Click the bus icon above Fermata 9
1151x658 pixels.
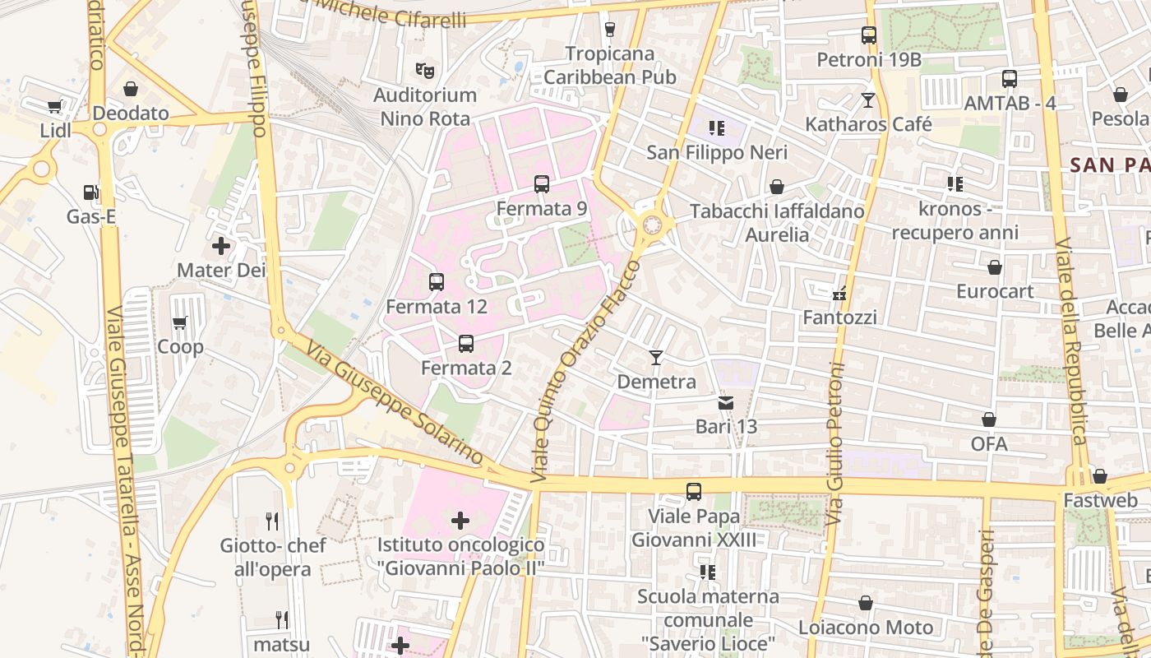(x=541, y=184)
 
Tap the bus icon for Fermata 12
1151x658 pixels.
(x=437, y=282)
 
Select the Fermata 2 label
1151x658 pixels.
(x=466, y=368)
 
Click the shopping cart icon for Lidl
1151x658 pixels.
(x=55, y=106)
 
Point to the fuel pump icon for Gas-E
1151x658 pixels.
(x=90, y=192)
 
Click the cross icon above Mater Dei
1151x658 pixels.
(x=221, y=245)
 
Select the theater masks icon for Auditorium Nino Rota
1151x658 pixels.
(x=424, y=71)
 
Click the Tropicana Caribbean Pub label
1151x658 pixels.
(x=610, y=66)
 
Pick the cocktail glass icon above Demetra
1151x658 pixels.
(x=656, y=357)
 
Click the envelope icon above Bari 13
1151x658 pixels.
(x=726, y=402)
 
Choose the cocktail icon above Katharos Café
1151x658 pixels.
(x=868, y=100)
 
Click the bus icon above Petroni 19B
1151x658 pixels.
(x=869, y=35)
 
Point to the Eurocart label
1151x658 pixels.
(x=995, y=291)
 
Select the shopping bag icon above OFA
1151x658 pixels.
(x=989, y=419)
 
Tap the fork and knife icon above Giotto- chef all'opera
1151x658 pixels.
(x=273, y=521)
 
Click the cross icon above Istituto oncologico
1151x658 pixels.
(x=460, y=520)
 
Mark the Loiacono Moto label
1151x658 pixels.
(x=866, y=628)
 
